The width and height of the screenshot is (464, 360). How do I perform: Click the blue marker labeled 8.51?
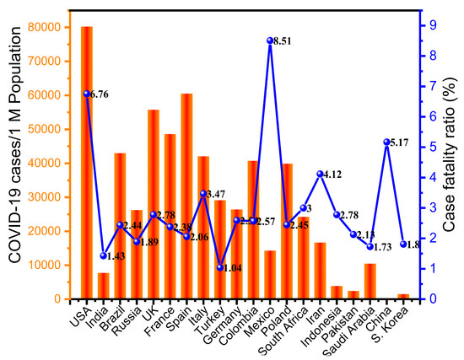click(x=270, y=40)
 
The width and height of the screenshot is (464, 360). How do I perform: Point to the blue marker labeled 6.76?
click(x=87, y=94)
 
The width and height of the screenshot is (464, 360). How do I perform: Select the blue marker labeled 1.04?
click(x=220, y=267)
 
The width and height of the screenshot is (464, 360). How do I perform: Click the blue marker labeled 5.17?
click(x=386, y=142)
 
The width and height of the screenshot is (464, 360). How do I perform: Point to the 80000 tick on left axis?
click(x=57, y=27)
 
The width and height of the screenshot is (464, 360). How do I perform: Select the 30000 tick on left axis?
click(x=57, y=196)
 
